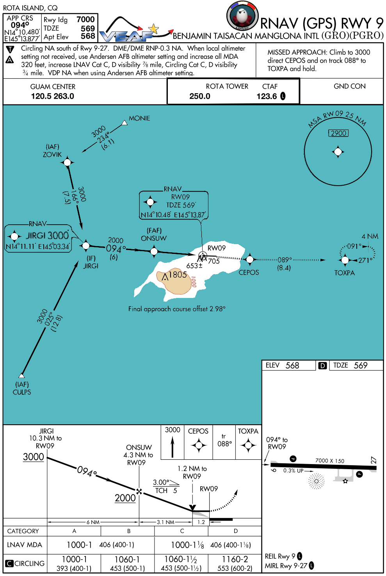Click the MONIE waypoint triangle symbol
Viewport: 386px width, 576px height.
click(x=125, y=123)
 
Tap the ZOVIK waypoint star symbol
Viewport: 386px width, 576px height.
click(x=68, y=162)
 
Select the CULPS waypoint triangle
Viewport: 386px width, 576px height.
click(x=22, y=376)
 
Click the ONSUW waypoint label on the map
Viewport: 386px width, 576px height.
click(x=154, y=238)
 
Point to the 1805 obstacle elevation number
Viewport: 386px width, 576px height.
click(x=178, y=275)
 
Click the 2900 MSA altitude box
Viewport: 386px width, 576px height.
click(x=338, y=133)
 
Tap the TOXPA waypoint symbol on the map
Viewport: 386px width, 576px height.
click(x=345, y=260)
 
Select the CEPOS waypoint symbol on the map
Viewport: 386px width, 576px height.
click(x=249, y=259)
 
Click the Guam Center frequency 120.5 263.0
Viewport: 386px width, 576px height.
click(x=53, y=96)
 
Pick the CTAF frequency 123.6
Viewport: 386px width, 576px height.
click(x=267, y=96)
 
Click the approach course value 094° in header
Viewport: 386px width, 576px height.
click(x=20, y=25)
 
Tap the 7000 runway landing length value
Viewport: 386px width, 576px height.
click(x=85, y=19)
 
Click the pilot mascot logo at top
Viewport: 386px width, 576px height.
click(x=242, y=16)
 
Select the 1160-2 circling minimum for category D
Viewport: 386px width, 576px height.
click(x=235, y=560)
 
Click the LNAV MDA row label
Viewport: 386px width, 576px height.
click(x=25, y=545)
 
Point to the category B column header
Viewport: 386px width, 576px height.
click(x=128, y=531)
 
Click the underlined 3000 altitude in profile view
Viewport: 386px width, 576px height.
click(x=34, y=457)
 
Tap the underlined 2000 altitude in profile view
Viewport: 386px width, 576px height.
click(x=125, y=498)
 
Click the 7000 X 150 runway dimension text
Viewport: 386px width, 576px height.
click(x=330, y=461)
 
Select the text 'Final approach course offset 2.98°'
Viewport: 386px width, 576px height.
click(x=177, y=309)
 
